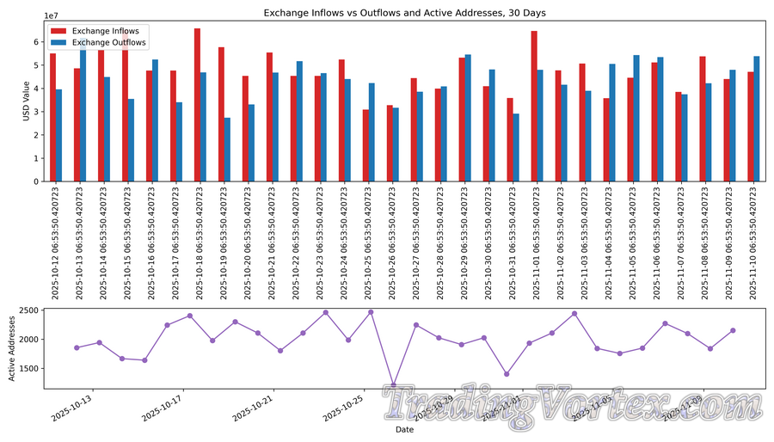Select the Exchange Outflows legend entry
(x=109, y=42)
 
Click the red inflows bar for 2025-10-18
(x=197, y=105)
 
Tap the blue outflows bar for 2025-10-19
(x=227, y=150)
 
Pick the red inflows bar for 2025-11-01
(x=534, y=107)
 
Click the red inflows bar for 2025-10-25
(x=365, y=145)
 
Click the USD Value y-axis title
(x=26, y=101)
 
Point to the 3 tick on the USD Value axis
(x=37, y=112)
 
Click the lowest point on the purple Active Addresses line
(x=394, y=384)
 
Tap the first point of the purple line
(x=77, y=347)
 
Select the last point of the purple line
(x=733, y=330)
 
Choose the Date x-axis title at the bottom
(x=404, y=429)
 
